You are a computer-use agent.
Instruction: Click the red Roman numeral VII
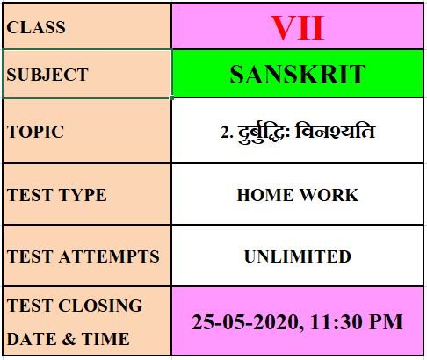(x=298, y=28)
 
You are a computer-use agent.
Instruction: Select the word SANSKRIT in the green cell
(x=298, y=75)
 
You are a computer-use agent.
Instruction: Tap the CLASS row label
(x=36, y=27)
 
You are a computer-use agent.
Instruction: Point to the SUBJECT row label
(x=47, y=75)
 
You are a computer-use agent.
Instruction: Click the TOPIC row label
(x=35, y=132)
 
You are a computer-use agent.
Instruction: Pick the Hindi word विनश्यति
(x=336, y=131)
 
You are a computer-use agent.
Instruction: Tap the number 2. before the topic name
(x=228, y=133)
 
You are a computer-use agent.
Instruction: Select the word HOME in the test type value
(x=264, y=195)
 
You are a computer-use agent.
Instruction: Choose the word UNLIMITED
(x=298, y=256)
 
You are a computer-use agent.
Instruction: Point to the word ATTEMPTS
(x=109, y=256)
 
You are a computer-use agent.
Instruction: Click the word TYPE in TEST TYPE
(x=83, y=195)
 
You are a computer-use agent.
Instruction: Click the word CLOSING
(x=100, y=306)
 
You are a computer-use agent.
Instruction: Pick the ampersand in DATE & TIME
(x=69, y=339)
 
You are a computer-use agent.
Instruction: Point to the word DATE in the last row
(x=32, y=339)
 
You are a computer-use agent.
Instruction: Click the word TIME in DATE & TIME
(x=105, y=339)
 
